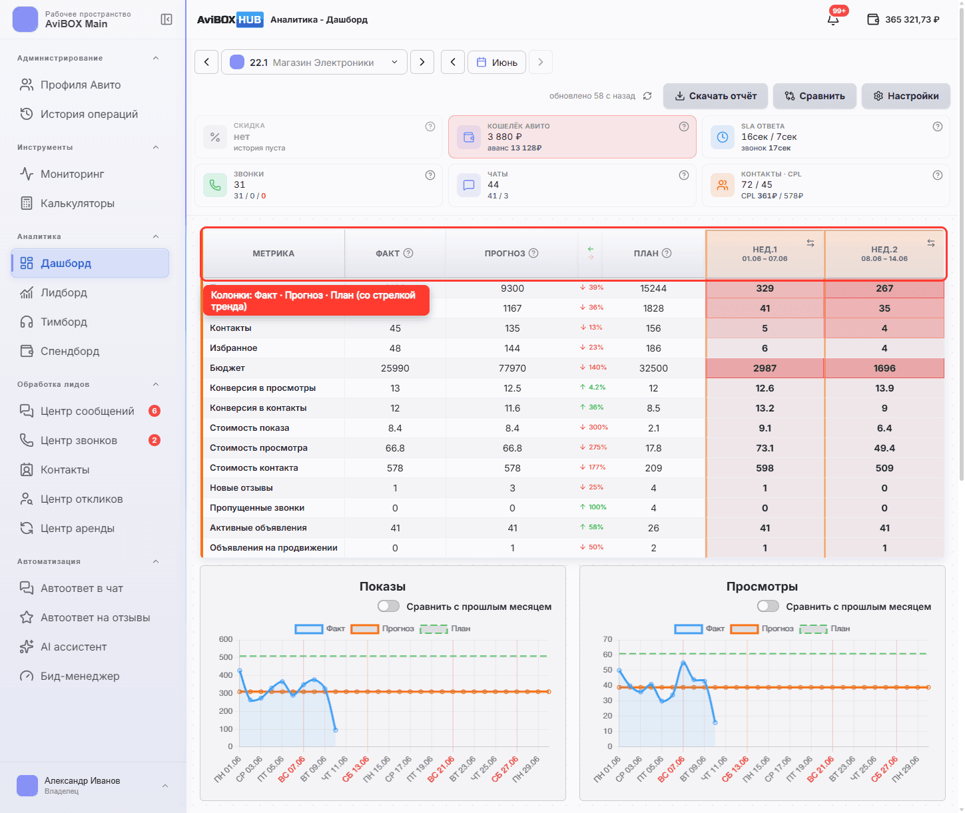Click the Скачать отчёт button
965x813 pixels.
pos(715,96)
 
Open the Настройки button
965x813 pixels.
pos(905,96)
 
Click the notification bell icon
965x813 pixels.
pos(833,19)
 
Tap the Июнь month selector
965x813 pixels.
pos(496,62)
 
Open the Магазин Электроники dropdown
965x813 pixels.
pos(314,62)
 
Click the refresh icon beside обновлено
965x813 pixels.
pos(647,96)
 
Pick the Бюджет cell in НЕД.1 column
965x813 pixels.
pos(765,368)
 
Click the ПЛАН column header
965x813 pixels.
pos(652,253)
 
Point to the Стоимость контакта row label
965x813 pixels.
pos(254,467)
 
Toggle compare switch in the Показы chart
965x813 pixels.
pos(388,606)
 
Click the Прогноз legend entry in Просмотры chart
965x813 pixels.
pos(762,629)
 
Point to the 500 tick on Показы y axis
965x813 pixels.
pos(226,657)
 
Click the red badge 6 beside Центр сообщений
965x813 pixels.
pos(155,411)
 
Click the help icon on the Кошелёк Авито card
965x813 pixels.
pos(683,127)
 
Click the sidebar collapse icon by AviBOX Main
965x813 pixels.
pos(166,19)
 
